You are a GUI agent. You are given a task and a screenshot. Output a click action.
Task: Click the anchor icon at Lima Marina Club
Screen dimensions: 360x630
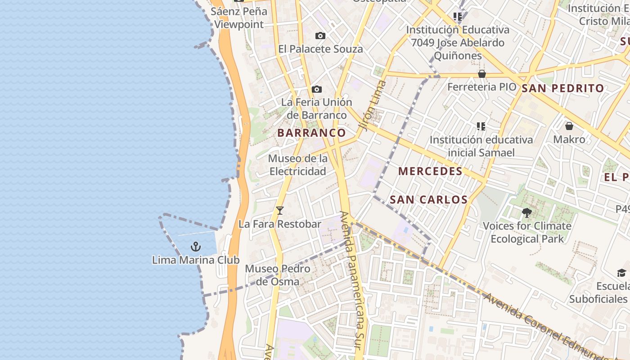tap(195, 246)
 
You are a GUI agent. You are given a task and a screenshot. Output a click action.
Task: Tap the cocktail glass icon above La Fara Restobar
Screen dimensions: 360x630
tap(280, 210)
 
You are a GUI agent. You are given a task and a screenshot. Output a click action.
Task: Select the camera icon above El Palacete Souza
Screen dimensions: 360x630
tap(320, 36)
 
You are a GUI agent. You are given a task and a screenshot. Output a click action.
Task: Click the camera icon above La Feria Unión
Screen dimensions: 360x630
tap(316, 89)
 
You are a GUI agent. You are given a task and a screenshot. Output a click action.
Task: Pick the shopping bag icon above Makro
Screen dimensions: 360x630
tap(569, 126)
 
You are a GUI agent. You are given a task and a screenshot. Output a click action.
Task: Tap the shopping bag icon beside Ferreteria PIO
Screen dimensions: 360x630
tap(482, 74)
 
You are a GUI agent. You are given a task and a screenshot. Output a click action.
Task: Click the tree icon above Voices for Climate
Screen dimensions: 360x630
tap(526, 212)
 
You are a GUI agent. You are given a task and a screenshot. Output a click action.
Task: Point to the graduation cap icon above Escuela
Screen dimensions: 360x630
tap(621, 273)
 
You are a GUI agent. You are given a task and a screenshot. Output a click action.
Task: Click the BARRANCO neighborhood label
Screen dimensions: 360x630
tap(311, 133)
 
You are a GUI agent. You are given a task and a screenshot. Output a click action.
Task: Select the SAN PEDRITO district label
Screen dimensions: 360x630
tap(562, 88)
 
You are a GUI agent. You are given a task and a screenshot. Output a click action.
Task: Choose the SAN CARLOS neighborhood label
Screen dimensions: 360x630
tap(428, 199)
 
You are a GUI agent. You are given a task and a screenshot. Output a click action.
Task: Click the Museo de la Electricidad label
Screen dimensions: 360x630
tap(298, 165)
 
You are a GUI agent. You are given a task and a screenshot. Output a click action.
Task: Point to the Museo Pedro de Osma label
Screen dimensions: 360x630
tap(277, 275)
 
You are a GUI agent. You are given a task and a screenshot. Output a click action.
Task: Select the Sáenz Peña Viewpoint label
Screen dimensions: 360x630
tap(239, 18)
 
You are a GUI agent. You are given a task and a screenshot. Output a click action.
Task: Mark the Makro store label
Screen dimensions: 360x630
tap(569, 139)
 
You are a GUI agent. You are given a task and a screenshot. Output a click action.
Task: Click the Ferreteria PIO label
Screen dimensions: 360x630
tap(481, 87)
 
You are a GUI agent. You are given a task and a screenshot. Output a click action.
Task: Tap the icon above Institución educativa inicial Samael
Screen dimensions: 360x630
tap(481, 126)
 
